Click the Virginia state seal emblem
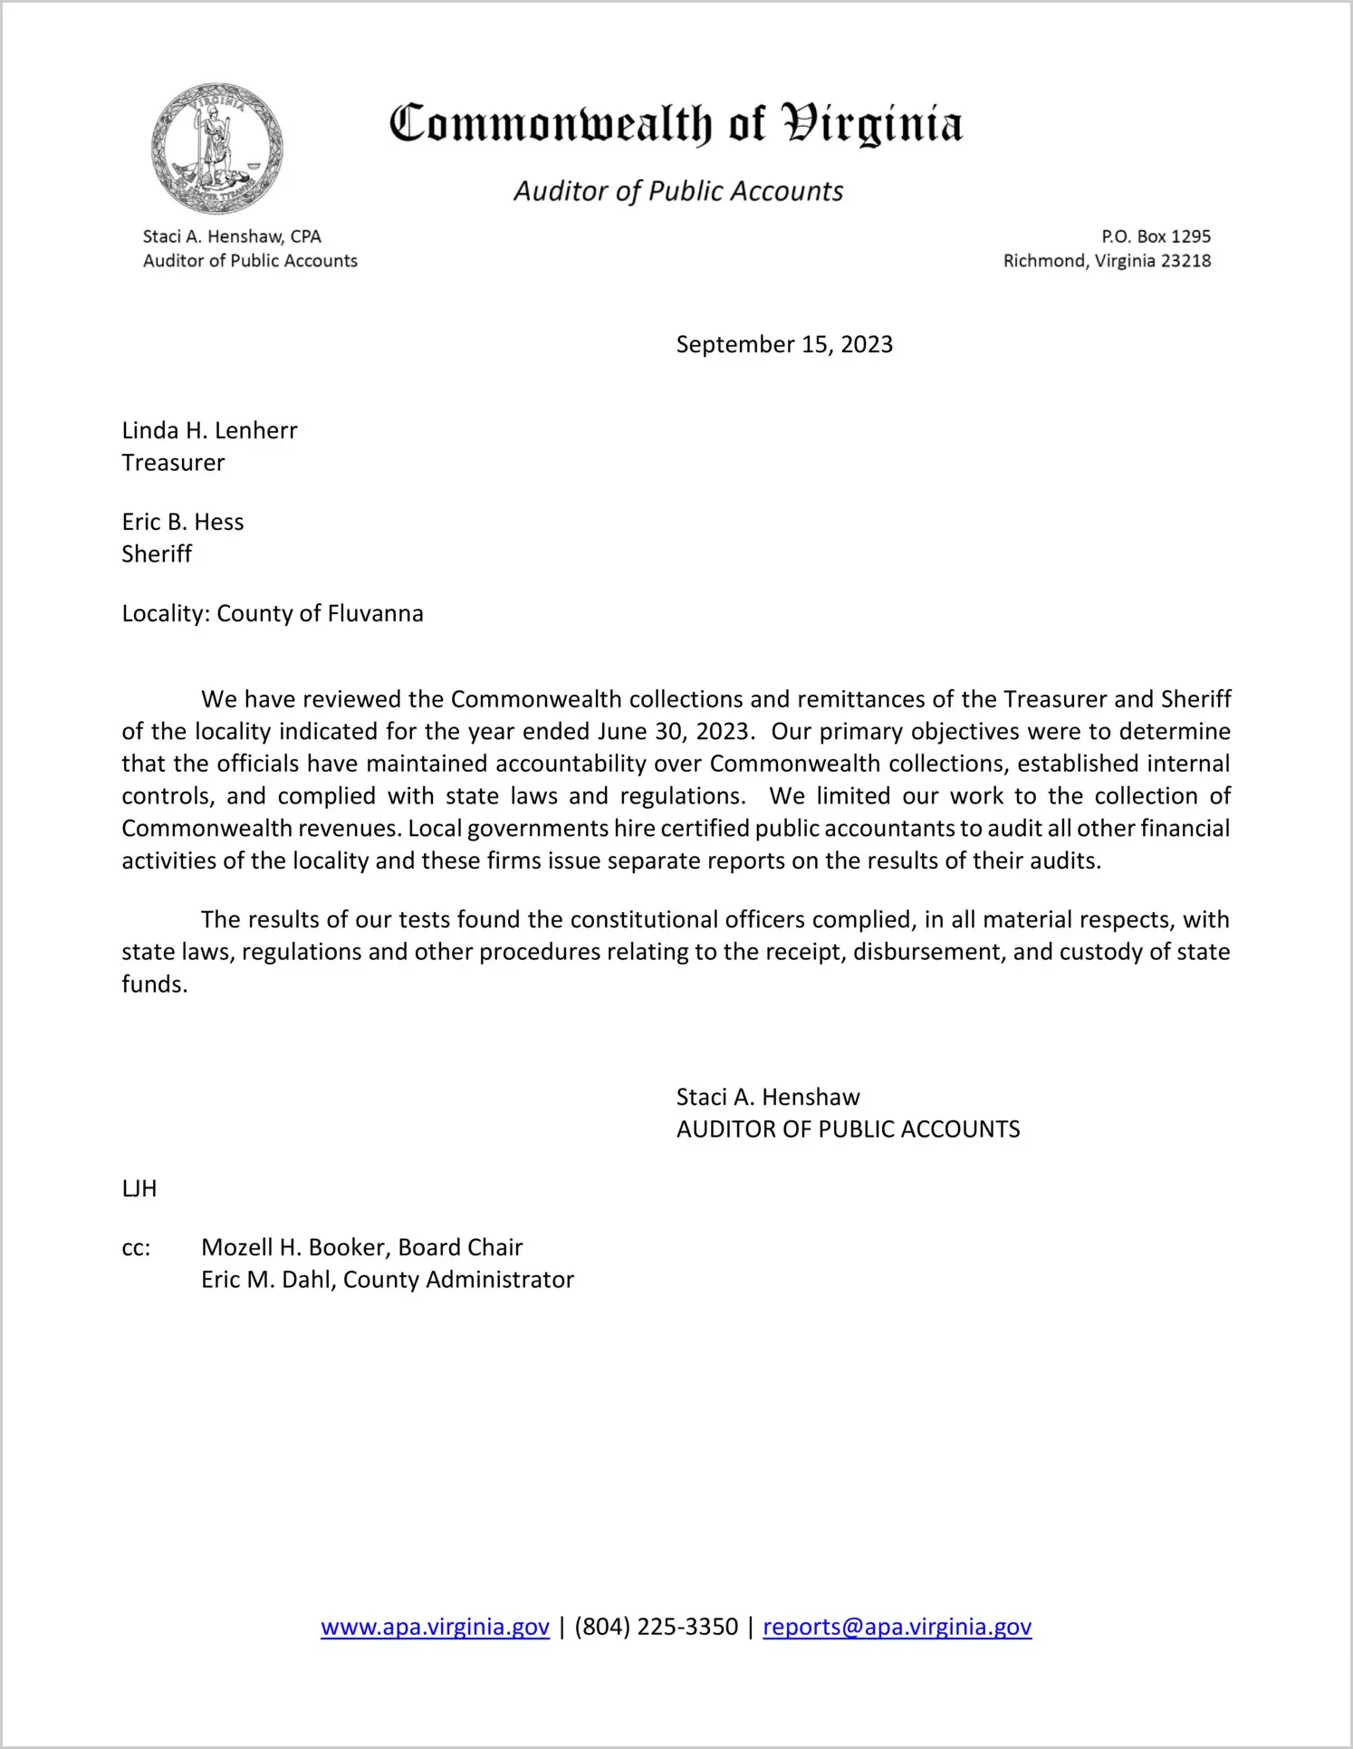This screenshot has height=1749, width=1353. [x=217, y=149]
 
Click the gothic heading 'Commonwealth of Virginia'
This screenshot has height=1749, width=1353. [x=676, y=124]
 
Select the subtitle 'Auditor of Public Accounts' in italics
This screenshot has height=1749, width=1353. [x=678, y=191]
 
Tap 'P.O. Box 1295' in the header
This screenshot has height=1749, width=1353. [x=1156, y=236]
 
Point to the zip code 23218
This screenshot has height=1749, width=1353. [x=1185, y=261]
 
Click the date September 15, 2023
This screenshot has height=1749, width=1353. [x=784, y=344]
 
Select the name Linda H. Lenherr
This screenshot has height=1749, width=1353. [x=209, y=430]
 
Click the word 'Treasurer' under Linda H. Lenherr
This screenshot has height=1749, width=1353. [x=173, y=463]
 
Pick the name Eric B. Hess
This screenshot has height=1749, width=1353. [x=183, y=522]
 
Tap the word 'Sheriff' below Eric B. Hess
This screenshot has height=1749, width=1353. [x=157, y=554]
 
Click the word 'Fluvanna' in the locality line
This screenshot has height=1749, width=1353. [x=375, y=613]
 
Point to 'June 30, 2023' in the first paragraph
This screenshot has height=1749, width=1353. [x=674, y=732]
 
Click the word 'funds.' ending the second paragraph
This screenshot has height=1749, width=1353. [x=155, y=985]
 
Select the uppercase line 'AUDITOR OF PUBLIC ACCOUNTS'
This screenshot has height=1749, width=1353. [x=848, y=1129]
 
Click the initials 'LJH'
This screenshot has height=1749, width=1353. [x=139, y=1188]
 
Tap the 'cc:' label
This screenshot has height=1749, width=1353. [x=136, y=1248]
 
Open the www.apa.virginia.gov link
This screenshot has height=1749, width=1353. [x=435, y=1627]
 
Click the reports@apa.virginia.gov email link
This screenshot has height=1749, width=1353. [x=897, y=1627]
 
